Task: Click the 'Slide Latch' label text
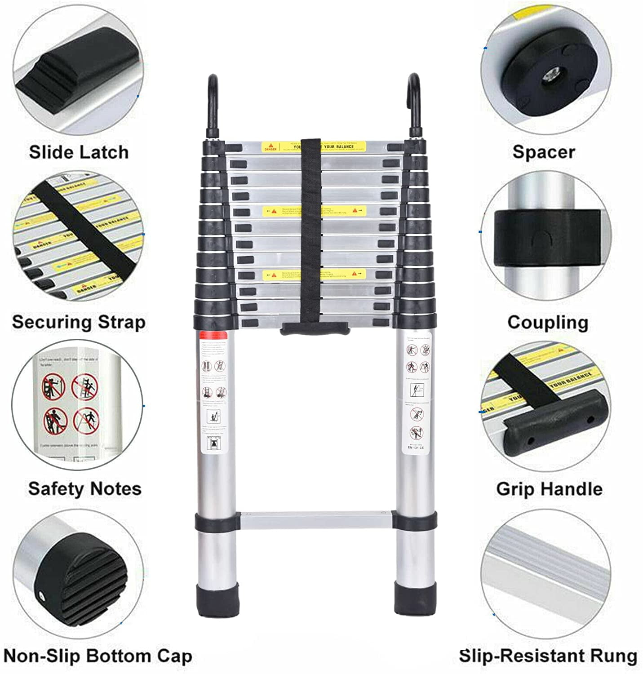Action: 79,152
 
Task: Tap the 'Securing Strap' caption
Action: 79,322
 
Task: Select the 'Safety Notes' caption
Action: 84,488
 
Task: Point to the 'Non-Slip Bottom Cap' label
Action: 98,656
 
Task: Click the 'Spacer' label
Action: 544,152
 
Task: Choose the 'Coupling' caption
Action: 548,322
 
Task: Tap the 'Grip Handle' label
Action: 549,488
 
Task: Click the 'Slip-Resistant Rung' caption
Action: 548,656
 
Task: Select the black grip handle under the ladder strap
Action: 315,329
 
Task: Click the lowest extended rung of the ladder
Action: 315,520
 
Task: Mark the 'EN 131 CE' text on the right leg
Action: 416,448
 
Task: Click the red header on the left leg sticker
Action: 214,335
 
